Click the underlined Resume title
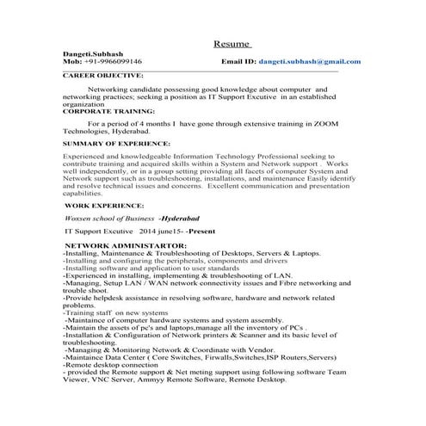pos(232,44)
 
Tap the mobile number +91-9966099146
pos(111,62)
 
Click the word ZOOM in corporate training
pos(323,123)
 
